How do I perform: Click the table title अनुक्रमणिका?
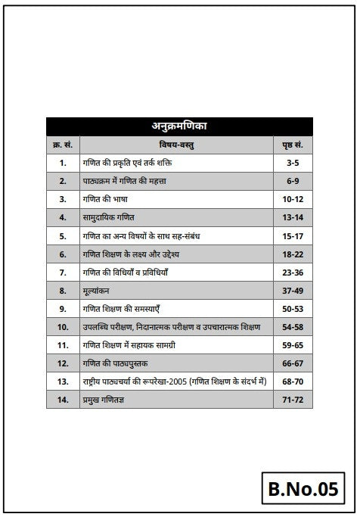pyautogui.click(x=179, y=126)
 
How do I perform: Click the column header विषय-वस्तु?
pyautogui.click(x=175, y=145)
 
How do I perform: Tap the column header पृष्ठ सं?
pyautogui.click(x=293, y=145)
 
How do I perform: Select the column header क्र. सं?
pyautogui.click(x=62, y=145)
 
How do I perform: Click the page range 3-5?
pyautogui.click(x=293, y=163)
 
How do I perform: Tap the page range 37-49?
pyautogui.click(x=293, y=290)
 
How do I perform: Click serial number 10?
pyautogui.click(x=62, y=326)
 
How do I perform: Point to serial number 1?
pyautogui.click(x=62, y=163)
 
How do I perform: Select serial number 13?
pyautogui.click(x=62, y=381)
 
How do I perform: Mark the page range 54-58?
pyautogui.click(x=293, y=326)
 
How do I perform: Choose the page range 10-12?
pyautogui.click(x=293, y=199)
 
